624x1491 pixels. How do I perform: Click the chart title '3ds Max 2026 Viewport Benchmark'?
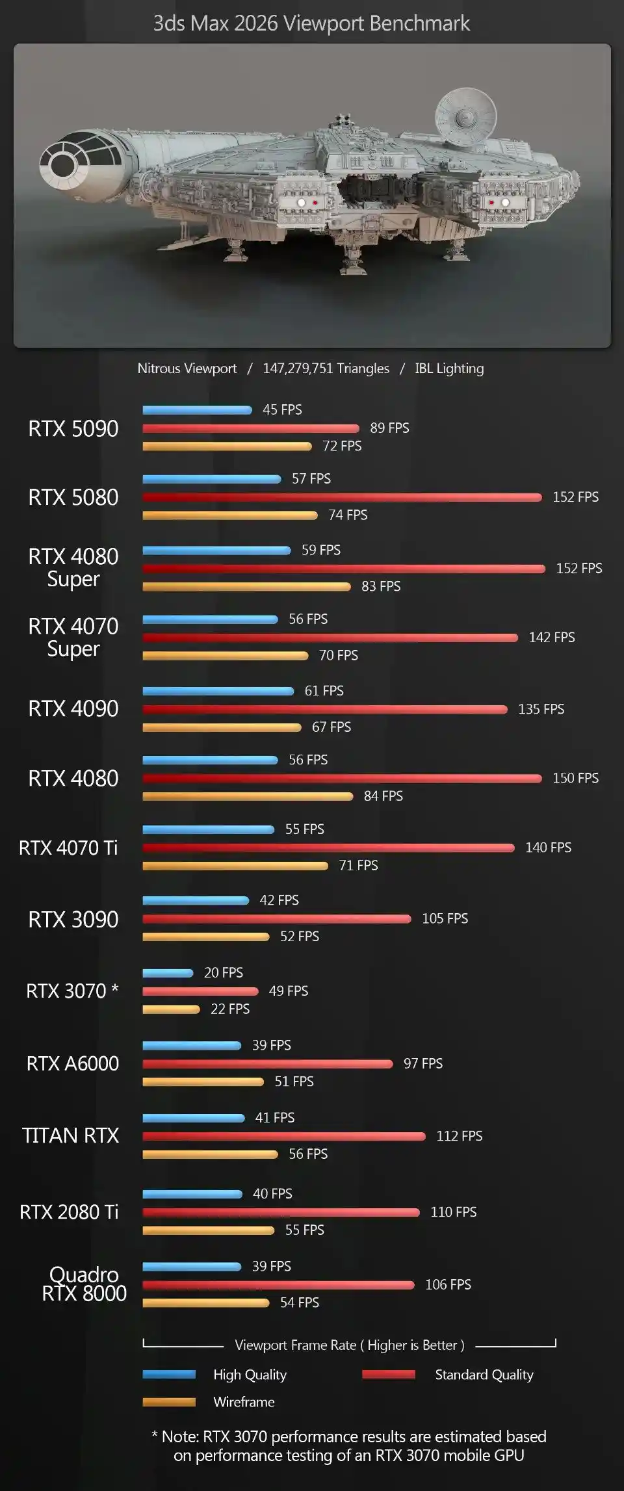pyautogui.click(x=311, y=23)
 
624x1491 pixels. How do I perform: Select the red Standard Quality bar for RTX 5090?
pyautogui.click(x=250, y=428)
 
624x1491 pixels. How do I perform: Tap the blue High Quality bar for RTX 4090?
pyautogui.click(x=218, y=691)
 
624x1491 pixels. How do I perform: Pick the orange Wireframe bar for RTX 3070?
pyautogui.click(x=171, y=1009)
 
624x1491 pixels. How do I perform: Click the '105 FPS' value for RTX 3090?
pyautogui.click(x=445, y=918)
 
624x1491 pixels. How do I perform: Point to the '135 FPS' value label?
pyautogui.click(x=541, y=709)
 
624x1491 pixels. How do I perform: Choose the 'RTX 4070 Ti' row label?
pyautogui.click(x=68, y=848)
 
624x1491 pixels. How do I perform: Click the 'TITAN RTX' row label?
pyautogui.click(x=70, y=1135)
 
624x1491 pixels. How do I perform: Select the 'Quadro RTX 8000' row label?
pyautogui.click(x=84, y=1284)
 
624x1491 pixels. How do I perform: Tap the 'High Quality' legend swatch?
pyautogui.click(x=169, y=1375)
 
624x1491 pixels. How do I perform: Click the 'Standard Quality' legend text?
pyautogui.click(x=484, y=1375)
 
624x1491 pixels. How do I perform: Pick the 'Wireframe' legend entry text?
pyautogui.click(x=244, y=1402)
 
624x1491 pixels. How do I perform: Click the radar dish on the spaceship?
pyautogui.click(x=464, y=116)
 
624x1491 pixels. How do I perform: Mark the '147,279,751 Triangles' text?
pyautogui.click(x=326, y=369)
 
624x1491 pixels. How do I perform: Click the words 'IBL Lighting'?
pyautogui.click(x=449, y=369)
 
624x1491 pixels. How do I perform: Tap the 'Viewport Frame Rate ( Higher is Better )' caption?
pyautogui.click(x=349, y=1345)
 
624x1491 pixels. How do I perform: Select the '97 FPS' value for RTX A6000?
pyautogui.click(x=422, y=1063)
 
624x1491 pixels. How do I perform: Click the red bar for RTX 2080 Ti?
pyautogui.click(x=281, y=1212)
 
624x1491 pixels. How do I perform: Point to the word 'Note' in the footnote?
pyautogui.click(x=179, y=1436)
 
